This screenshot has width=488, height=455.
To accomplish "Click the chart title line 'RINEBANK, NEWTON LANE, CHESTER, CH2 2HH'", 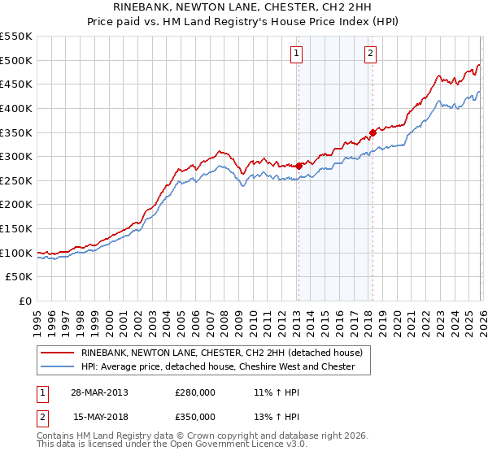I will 244,7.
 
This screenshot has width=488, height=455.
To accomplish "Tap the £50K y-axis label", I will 20,277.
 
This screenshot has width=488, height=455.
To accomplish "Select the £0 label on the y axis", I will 25,301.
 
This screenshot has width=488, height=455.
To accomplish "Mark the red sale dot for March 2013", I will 298,166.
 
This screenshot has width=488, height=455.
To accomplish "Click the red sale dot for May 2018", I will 373,132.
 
